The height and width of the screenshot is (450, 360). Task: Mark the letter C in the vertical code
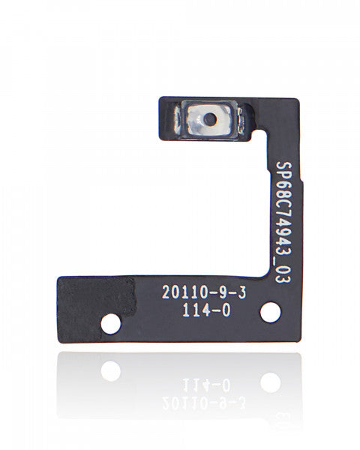(282, 199)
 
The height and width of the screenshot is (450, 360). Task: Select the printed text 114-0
(202, 307)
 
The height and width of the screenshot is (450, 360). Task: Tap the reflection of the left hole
(111, 370)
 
